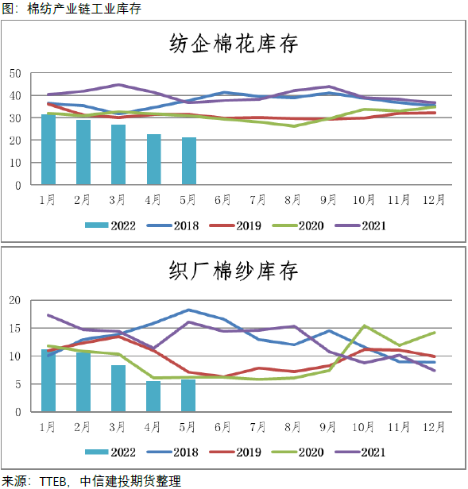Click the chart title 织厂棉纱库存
pyautogui.click(x=234, y=271)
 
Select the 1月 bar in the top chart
pyautogui.click(x=48, y=150)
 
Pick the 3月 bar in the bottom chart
pyautogui.click(x=118, y=388)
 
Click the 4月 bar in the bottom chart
pyautogui.click(x=153, y=396)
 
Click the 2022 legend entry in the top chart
pyautogui.click(x=110, y=225)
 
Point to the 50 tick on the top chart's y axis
pyautogui.click(x=15, y=73)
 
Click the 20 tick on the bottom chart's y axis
pyautogui.click(x=15, y=300)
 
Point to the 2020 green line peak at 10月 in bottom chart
pyautogui.click(x=364, y=325)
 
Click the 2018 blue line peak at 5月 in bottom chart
pyautogui.click(x=188, y=310)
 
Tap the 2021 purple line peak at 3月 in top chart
pyautogui.click(x=118, y=84)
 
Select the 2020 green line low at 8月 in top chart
pyautogui.click(x=293, y=126)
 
